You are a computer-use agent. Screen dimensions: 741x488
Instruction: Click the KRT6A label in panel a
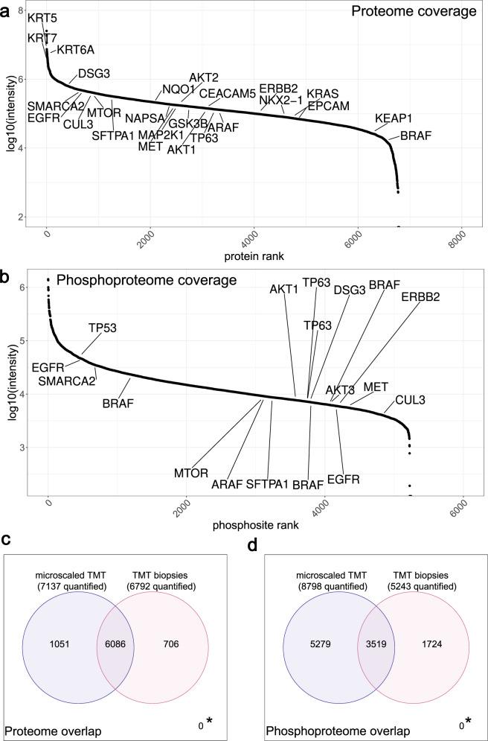point(76,50)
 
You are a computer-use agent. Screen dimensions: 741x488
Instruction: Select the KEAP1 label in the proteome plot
point(394,118)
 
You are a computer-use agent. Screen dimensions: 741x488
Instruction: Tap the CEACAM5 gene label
point(228,94)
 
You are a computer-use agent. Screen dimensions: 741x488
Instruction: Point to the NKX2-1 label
point(281,101)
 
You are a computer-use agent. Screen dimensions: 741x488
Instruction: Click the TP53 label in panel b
point(103,327)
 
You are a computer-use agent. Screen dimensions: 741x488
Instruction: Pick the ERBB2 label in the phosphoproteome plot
point(422,296)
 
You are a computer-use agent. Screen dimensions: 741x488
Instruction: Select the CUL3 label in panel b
point(410,400)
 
